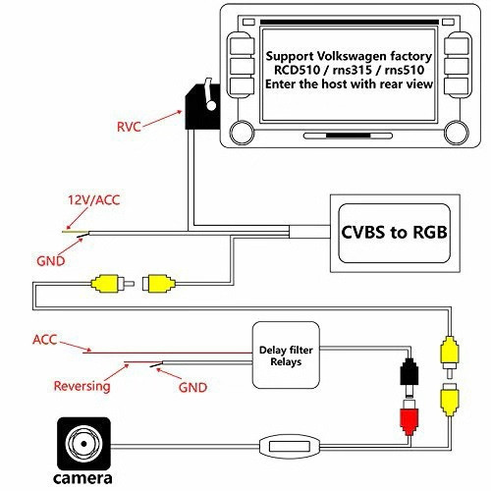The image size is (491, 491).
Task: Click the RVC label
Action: tap(129, 127)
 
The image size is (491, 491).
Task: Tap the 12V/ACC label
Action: tap(94, 200)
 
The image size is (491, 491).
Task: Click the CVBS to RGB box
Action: tap(394, 233)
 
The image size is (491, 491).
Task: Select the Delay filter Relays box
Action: tap(286, 355)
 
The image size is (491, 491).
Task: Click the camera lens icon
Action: tap(83, 444)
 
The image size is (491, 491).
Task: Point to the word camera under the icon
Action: tap(82, 478)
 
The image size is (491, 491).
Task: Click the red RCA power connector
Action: tap(409, 419)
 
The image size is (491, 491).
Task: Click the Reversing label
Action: tap(82, 386)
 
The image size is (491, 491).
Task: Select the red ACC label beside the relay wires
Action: tap(45, 340)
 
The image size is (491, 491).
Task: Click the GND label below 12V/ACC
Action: tap(51, 261)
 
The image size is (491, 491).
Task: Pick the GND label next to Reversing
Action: tap(192, 388)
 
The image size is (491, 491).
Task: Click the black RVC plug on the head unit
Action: tap(202, 106)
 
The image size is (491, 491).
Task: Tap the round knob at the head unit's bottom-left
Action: tap(242, 133)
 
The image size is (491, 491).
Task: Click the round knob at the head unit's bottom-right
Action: tap(457, 133)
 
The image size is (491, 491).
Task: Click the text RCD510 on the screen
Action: tap(297, 70)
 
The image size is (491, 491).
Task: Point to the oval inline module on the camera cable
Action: tap(289, 446)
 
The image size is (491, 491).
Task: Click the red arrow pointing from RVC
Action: tap(162, 119)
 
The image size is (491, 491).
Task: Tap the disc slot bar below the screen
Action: tap(348, 136)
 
